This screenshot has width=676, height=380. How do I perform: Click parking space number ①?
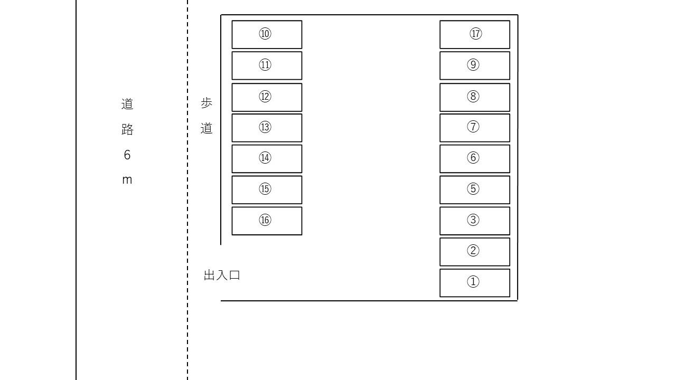point(474,283)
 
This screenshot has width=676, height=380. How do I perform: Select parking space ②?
point(474,252)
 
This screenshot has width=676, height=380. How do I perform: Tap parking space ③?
point(474,221)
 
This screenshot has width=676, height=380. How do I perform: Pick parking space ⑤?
point(474,189)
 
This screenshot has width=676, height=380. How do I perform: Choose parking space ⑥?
point(474,158)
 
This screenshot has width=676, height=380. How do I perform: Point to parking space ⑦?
point(474,128)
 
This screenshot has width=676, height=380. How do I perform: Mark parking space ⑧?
point(474,97)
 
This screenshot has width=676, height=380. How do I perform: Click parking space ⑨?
point(474,65)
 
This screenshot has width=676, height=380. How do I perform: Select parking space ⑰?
point(474,34)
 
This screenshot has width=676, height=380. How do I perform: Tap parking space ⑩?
point(267,34)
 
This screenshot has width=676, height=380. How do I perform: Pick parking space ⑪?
point(267,65)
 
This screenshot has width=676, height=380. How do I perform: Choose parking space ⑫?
point(267,97)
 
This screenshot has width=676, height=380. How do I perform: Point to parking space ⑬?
point(267,128)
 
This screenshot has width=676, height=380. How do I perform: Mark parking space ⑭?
point(267,158)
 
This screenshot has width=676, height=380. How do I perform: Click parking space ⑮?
point(267,189)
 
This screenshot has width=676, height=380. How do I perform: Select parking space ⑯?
point(267,221)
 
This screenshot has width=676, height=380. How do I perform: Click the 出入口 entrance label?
point(222,275)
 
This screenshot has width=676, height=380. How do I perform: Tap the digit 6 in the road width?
point(127,155)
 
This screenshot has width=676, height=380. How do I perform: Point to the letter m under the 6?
point(127,180)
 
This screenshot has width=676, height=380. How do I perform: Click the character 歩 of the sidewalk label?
point(206,103)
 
